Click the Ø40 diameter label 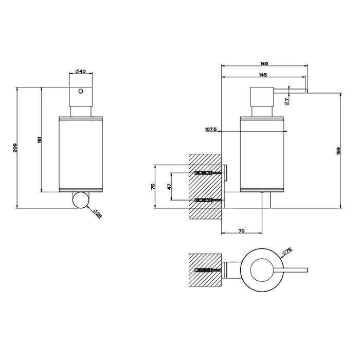coord(80,71)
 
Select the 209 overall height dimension coord(15,148)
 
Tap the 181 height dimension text coord(39,139)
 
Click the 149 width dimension coord(264,64)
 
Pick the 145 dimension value coord(263,75)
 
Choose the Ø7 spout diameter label coord(286,101)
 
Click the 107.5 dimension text coord(211,129)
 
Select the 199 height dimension coord(338,151)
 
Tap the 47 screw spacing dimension coord(169,187)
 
